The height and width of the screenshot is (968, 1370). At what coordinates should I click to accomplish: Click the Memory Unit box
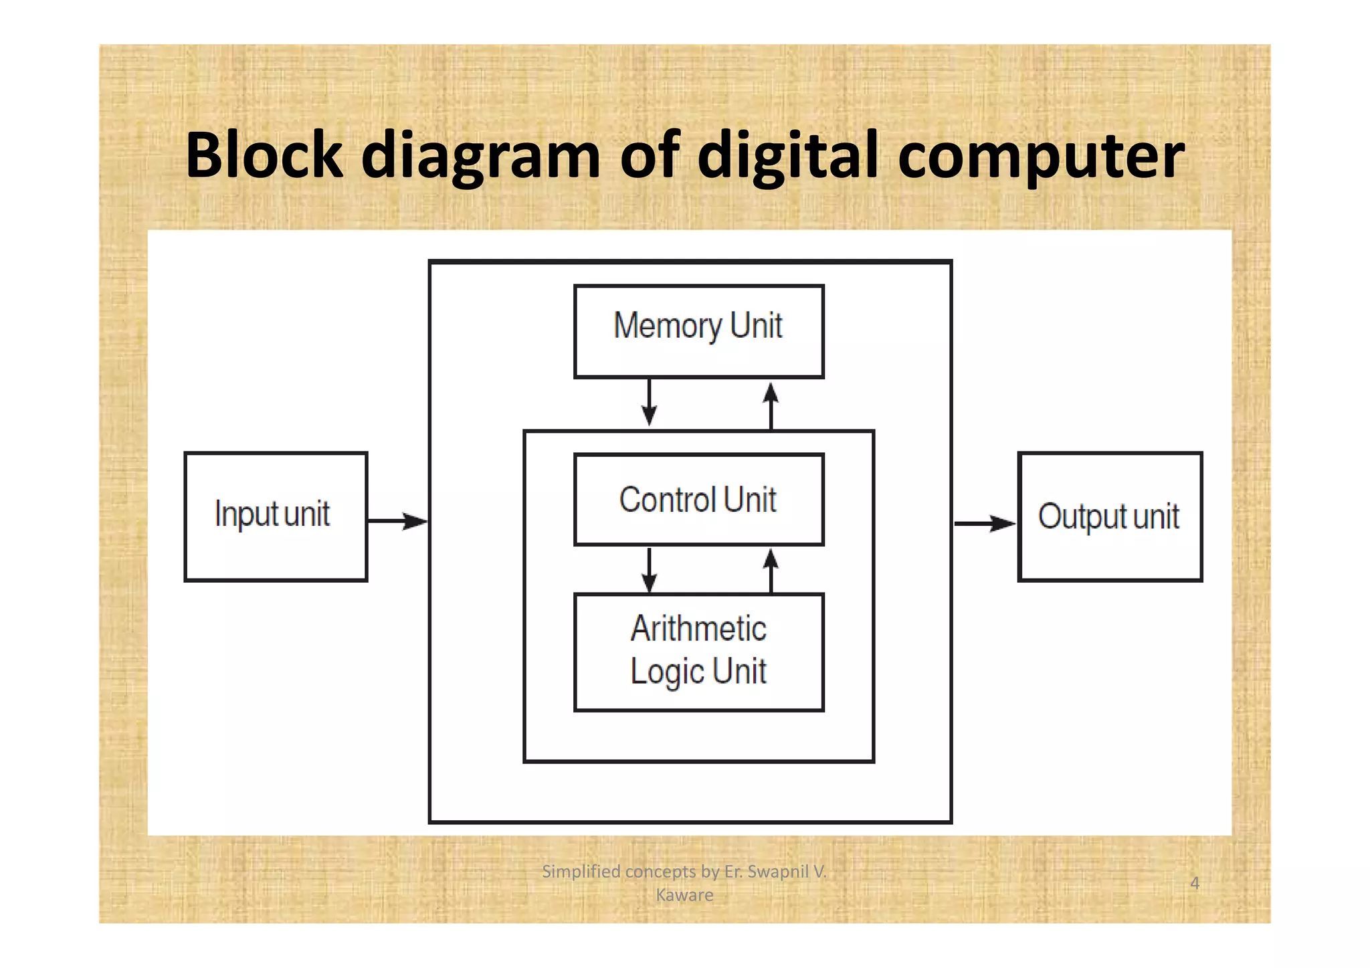[x=698, y=332]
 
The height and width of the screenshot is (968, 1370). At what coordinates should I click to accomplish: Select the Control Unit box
[x=698, y=500]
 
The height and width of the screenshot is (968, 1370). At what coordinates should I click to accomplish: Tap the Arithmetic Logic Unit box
[x=698, y=652]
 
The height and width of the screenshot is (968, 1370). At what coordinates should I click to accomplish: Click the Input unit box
[x=276, y=516]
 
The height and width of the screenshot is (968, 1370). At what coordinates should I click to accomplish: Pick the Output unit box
[x=1110, y=516]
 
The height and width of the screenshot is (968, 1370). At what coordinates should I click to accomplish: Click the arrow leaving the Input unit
[x=397, y=520]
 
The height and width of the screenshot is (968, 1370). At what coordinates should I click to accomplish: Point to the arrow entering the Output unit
[x=985, y=523]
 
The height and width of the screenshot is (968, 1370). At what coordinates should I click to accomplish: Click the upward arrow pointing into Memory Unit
[x=771, y=405]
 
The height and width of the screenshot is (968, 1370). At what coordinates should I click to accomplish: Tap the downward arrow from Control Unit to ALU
[x=649, y=570]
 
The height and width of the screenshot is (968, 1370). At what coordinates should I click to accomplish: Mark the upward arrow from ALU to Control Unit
[x=771, y=570]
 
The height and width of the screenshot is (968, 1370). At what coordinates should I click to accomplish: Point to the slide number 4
[x=1194, y=883]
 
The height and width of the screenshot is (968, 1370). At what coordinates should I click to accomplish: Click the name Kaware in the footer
[x=684, y=895]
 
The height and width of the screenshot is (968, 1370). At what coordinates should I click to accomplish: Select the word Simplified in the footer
[x=581, y=871]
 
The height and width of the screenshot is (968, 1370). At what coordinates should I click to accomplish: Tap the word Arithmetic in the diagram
[x=698, y=629]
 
